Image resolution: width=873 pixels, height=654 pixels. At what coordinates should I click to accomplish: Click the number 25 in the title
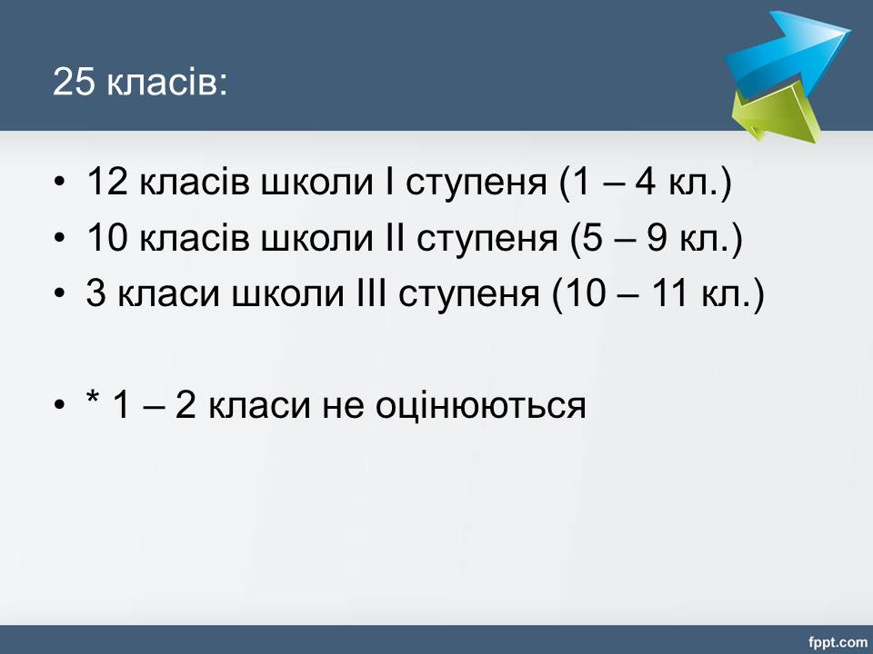74,83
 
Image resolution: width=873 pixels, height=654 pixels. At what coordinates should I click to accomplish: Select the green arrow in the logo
776,111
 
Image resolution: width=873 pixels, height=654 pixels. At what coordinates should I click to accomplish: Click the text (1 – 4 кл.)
646,183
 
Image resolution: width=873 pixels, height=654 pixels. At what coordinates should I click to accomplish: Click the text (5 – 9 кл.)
657,239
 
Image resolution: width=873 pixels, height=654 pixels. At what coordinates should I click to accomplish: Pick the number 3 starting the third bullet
95,293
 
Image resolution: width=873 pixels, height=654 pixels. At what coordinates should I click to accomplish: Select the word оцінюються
480,405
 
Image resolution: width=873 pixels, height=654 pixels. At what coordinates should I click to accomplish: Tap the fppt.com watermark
838,642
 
